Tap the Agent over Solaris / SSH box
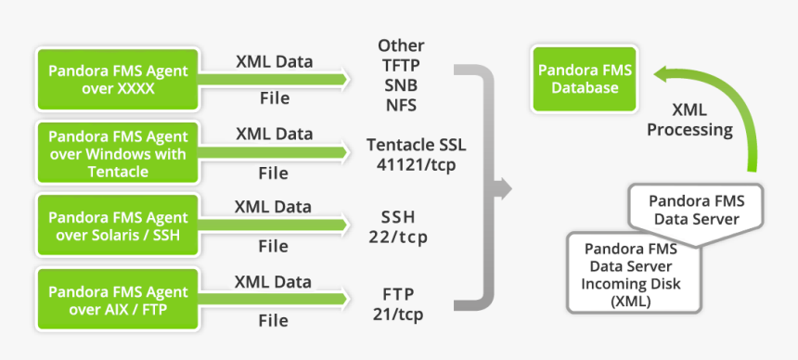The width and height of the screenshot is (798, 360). pyautogui.click(x=118, y=226)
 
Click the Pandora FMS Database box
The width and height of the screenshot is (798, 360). pyautogui.click(x=585, y=78)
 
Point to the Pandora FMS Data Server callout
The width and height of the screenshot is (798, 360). pyautogui.click(x=696, y=209)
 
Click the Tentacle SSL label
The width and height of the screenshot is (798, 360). pyautogui.click(x=416, y=146)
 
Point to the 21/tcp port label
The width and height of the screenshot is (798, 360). pyautogui.click(x=398, y=314)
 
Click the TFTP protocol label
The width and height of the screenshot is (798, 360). pyautogui.click(x=401, y=65)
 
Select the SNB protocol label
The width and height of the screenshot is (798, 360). pyautogui.click(x=401, y=84)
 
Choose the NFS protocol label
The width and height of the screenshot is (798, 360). pyautogui.click(x=401, y=104)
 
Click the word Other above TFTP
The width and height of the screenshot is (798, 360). pyautogui.click(x=401, y=45)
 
